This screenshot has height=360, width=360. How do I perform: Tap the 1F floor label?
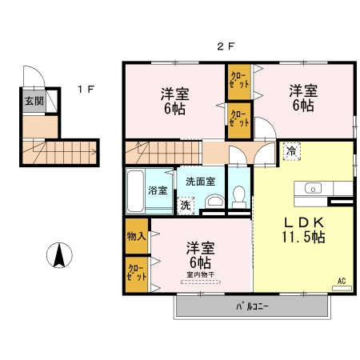[86, 90]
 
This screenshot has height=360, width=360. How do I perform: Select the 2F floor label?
[226, 47]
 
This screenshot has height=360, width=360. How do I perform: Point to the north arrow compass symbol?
[58, 256]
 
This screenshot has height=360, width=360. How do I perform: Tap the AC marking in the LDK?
[341, 281]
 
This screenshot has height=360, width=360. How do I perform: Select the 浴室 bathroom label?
[158, 190]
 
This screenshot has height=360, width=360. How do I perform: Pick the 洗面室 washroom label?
[200, 181]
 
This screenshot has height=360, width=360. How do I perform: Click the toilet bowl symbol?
[238, 195]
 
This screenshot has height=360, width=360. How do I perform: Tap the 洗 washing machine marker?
[185, 206]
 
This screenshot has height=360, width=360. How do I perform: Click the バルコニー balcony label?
[252, 306]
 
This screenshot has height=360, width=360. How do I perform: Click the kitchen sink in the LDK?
[312, 189]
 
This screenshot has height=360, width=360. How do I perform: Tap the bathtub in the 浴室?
[135, 190]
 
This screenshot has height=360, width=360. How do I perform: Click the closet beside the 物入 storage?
[136, 274]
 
